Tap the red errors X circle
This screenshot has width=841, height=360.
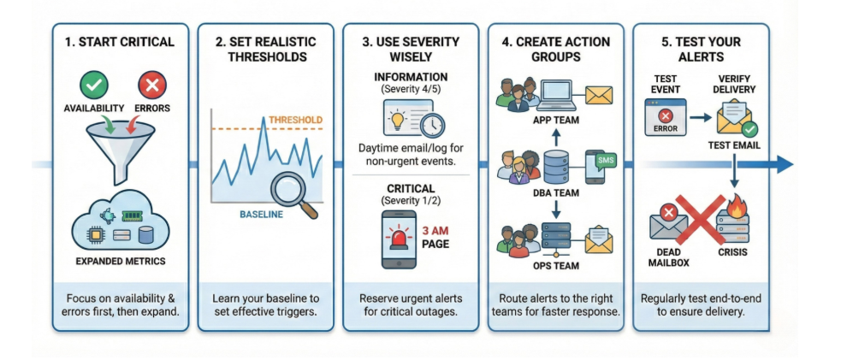tap(152, 86)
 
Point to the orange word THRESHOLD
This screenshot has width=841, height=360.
tap(296, 120)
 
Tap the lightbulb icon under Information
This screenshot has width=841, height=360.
tap(398, 119)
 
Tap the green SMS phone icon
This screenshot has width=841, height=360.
tap(598, 163)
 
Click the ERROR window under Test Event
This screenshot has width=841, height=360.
tap(665, 117)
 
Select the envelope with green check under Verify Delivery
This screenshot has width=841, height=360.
tap(735, 118)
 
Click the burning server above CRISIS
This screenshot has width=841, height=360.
tap(734, 217)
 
